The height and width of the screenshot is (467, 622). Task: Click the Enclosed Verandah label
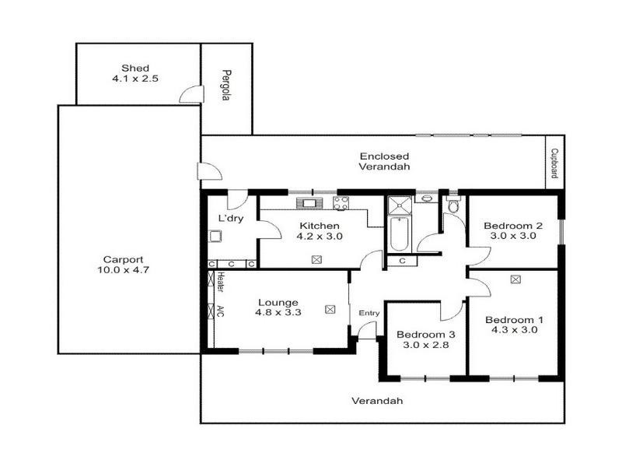click(383, 161)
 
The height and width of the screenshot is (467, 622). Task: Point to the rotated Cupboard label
click(554, 164)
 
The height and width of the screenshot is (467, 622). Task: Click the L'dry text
click(229, 218)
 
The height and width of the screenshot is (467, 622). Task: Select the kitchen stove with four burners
click(341, 204)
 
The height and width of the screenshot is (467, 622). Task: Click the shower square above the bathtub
click(400, 205)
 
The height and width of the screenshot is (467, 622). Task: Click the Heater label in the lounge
click(221, 283)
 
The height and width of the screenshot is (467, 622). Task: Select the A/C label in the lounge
click(221, 312)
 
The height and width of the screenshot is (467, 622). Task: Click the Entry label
click(369, 313)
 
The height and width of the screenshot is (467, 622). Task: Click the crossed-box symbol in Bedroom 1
click(515, 279)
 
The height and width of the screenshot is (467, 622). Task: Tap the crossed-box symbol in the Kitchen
click(316, 260)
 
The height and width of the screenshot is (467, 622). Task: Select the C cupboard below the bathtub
click(401, 261)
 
